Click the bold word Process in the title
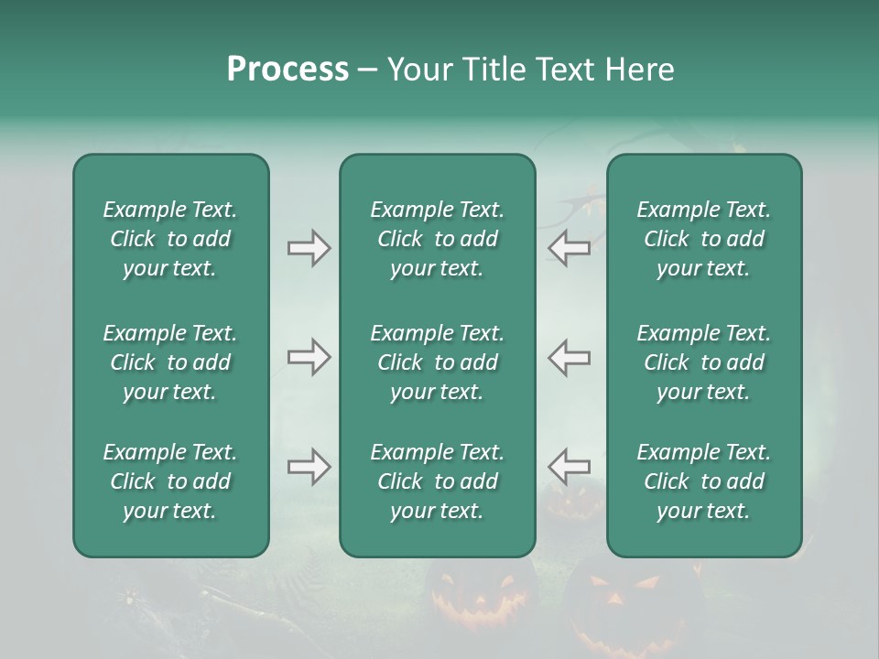[288, 70]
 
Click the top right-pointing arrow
[309, 248]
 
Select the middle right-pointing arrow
[309, 357]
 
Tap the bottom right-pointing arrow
[309, 468]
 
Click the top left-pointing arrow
[570, 248]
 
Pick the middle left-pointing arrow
[570, 357]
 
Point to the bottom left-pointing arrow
[570, 466]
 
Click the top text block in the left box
[170, 239]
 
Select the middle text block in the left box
[170, 362]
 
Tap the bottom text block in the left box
[170, 481]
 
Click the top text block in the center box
[437, 239]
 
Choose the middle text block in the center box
[437, 362]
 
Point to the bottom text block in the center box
[437, 481]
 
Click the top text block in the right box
[703, 239]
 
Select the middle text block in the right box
[703, 362]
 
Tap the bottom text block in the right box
[703, 481]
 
